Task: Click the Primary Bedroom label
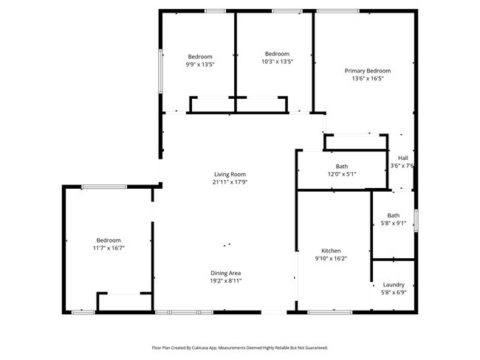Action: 367,71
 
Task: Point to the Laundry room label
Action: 393,285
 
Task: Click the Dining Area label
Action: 225,273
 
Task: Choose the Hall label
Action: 402,158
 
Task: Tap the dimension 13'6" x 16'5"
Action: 367,79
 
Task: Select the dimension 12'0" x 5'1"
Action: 341,174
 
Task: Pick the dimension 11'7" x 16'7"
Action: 109,248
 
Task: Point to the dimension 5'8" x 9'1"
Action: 393,224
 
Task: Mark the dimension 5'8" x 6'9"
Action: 393,292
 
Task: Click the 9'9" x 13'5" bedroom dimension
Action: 200,64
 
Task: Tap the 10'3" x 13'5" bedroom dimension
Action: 277,61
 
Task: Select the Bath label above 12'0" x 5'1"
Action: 341,166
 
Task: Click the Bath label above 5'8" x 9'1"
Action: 393,215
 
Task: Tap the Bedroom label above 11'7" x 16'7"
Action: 109,240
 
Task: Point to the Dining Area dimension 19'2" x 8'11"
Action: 225,281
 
